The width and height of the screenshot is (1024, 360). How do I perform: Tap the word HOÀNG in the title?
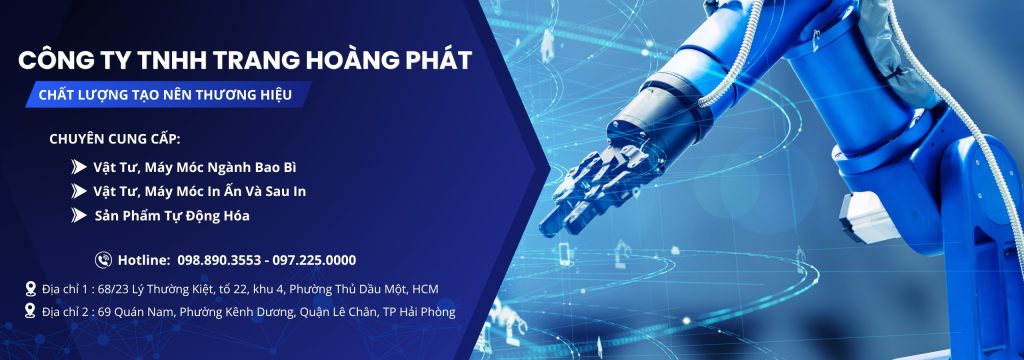coord(344,60)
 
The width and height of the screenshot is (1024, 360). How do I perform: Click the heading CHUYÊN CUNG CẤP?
coord(114,139)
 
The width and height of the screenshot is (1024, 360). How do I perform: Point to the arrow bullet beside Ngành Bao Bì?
coord(79,167)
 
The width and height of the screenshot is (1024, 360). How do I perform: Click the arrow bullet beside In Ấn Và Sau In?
coord(79,191)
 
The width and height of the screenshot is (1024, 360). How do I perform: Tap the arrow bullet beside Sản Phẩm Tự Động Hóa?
coord(79,215)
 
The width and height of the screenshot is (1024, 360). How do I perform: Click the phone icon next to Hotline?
coord(103,260)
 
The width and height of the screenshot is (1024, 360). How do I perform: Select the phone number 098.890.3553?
coord(218,260)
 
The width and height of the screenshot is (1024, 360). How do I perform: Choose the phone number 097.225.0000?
coord(315,260)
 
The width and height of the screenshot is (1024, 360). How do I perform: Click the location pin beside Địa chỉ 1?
coord(30,288)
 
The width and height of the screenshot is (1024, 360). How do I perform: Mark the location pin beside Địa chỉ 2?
coord(30,311)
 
